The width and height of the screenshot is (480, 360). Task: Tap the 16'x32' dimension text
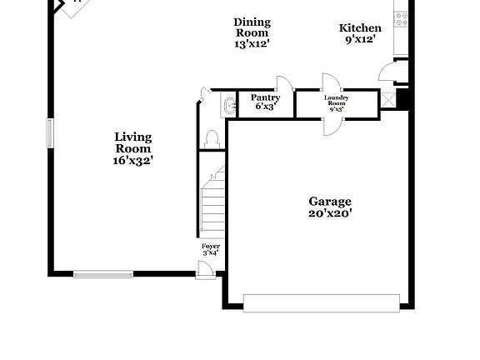(133, 160)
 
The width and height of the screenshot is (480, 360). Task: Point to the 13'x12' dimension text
(252, 44)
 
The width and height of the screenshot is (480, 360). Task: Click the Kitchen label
(360, 27)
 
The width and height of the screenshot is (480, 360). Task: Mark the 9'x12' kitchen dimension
(360, 39)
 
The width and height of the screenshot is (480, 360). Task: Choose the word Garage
(330, 201)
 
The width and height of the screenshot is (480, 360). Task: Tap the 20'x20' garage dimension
(330, 213)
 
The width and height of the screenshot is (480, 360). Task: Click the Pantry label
(265, 97)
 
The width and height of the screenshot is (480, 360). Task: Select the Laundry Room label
(337, 100)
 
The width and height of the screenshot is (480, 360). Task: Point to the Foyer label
(211, 247)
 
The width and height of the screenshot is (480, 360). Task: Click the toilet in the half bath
(211, 138)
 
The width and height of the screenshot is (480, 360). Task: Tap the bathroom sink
(227, 106)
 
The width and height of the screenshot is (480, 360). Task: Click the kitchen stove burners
(402, 16)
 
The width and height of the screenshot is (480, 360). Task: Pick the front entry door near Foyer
(204, 268)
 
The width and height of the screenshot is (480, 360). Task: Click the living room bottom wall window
(103, 273)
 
